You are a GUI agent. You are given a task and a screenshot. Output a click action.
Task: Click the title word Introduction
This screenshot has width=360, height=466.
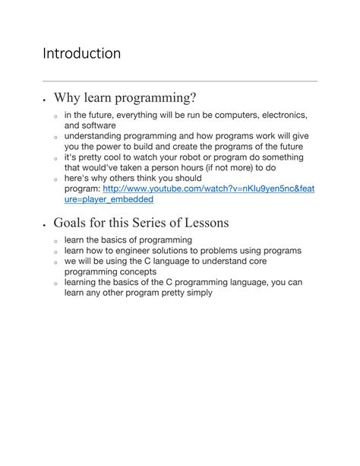[81, 54]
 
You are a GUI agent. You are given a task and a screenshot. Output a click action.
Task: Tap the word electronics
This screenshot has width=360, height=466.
[277, 115]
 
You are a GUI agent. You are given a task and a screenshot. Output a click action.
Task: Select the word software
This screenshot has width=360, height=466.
[96, 125]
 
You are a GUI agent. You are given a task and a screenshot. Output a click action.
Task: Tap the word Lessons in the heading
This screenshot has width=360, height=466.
[203, 223]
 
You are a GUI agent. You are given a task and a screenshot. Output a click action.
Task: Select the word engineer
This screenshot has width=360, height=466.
[144, 250]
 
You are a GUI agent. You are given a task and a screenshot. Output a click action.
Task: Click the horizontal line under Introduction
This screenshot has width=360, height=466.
[179, 81]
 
